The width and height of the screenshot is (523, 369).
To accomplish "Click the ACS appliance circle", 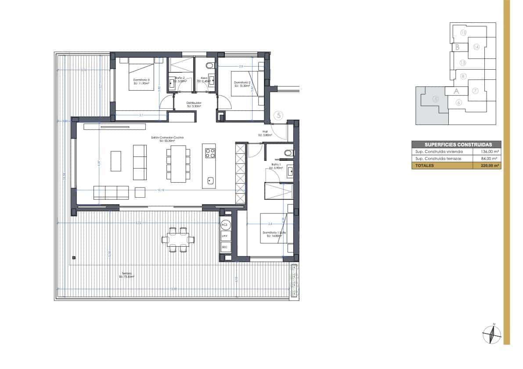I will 225,225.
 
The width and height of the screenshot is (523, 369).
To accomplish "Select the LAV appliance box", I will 225,236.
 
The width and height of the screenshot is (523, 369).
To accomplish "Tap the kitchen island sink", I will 210,180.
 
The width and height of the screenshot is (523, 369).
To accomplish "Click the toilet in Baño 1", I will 287,153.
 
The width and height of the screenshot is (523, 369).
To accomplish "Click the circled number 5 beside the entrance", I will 278,116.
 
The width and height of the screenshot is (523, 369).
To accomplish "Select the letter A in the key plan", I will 456,92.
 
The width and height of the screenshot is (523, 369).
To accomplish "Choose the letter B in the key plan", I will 457,47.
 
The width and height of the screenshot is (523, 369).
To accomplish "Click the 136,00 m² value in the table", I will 488,152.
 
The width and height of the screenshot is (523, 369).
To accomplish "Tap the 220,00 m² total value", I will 488,166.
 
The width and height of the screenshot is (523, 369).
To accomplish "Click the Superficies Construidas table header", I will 456,145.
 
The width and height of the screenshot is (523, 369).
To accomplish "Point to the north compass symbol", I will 492,335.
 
